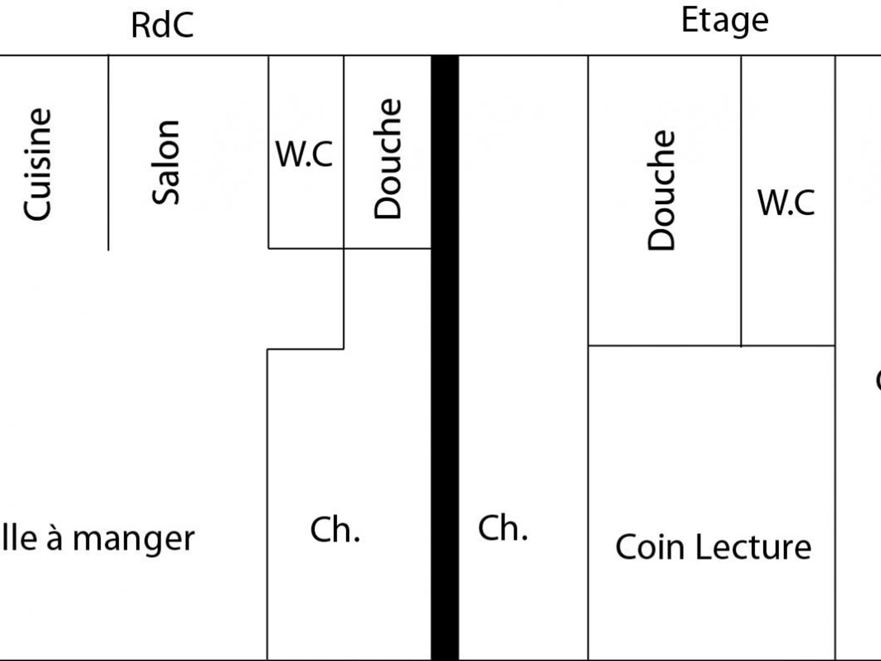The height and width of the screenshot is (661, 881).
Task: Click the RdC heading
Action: [162, 25]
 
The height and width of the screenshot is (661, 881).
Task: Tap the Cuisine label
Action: [38, 164]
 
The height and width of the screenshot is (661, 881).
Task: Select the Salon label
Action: [166, 163]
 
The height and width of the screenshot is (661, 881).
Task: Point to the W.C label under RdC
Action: [304, 154]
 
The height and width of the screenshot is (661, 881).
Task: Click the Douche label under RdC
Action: [387, 159]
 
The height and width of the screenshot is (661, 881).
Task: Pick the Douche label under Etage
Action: [661, 190]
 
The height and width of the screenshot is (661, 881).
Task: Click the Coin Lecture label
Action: [713, 547]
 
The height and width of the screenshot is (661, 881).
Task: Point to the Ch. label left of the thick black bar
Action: [335, 530]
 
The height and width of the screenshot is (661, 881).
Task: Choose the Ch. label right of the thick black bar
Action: [503, 528]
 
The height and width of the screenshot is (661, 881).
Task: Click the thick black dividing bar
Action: [445, 358]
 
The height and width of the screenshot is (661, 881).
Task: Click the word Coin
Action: [650, 547]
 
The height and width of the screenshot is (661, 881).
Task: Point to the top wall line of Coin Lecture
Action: [711, 346]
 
